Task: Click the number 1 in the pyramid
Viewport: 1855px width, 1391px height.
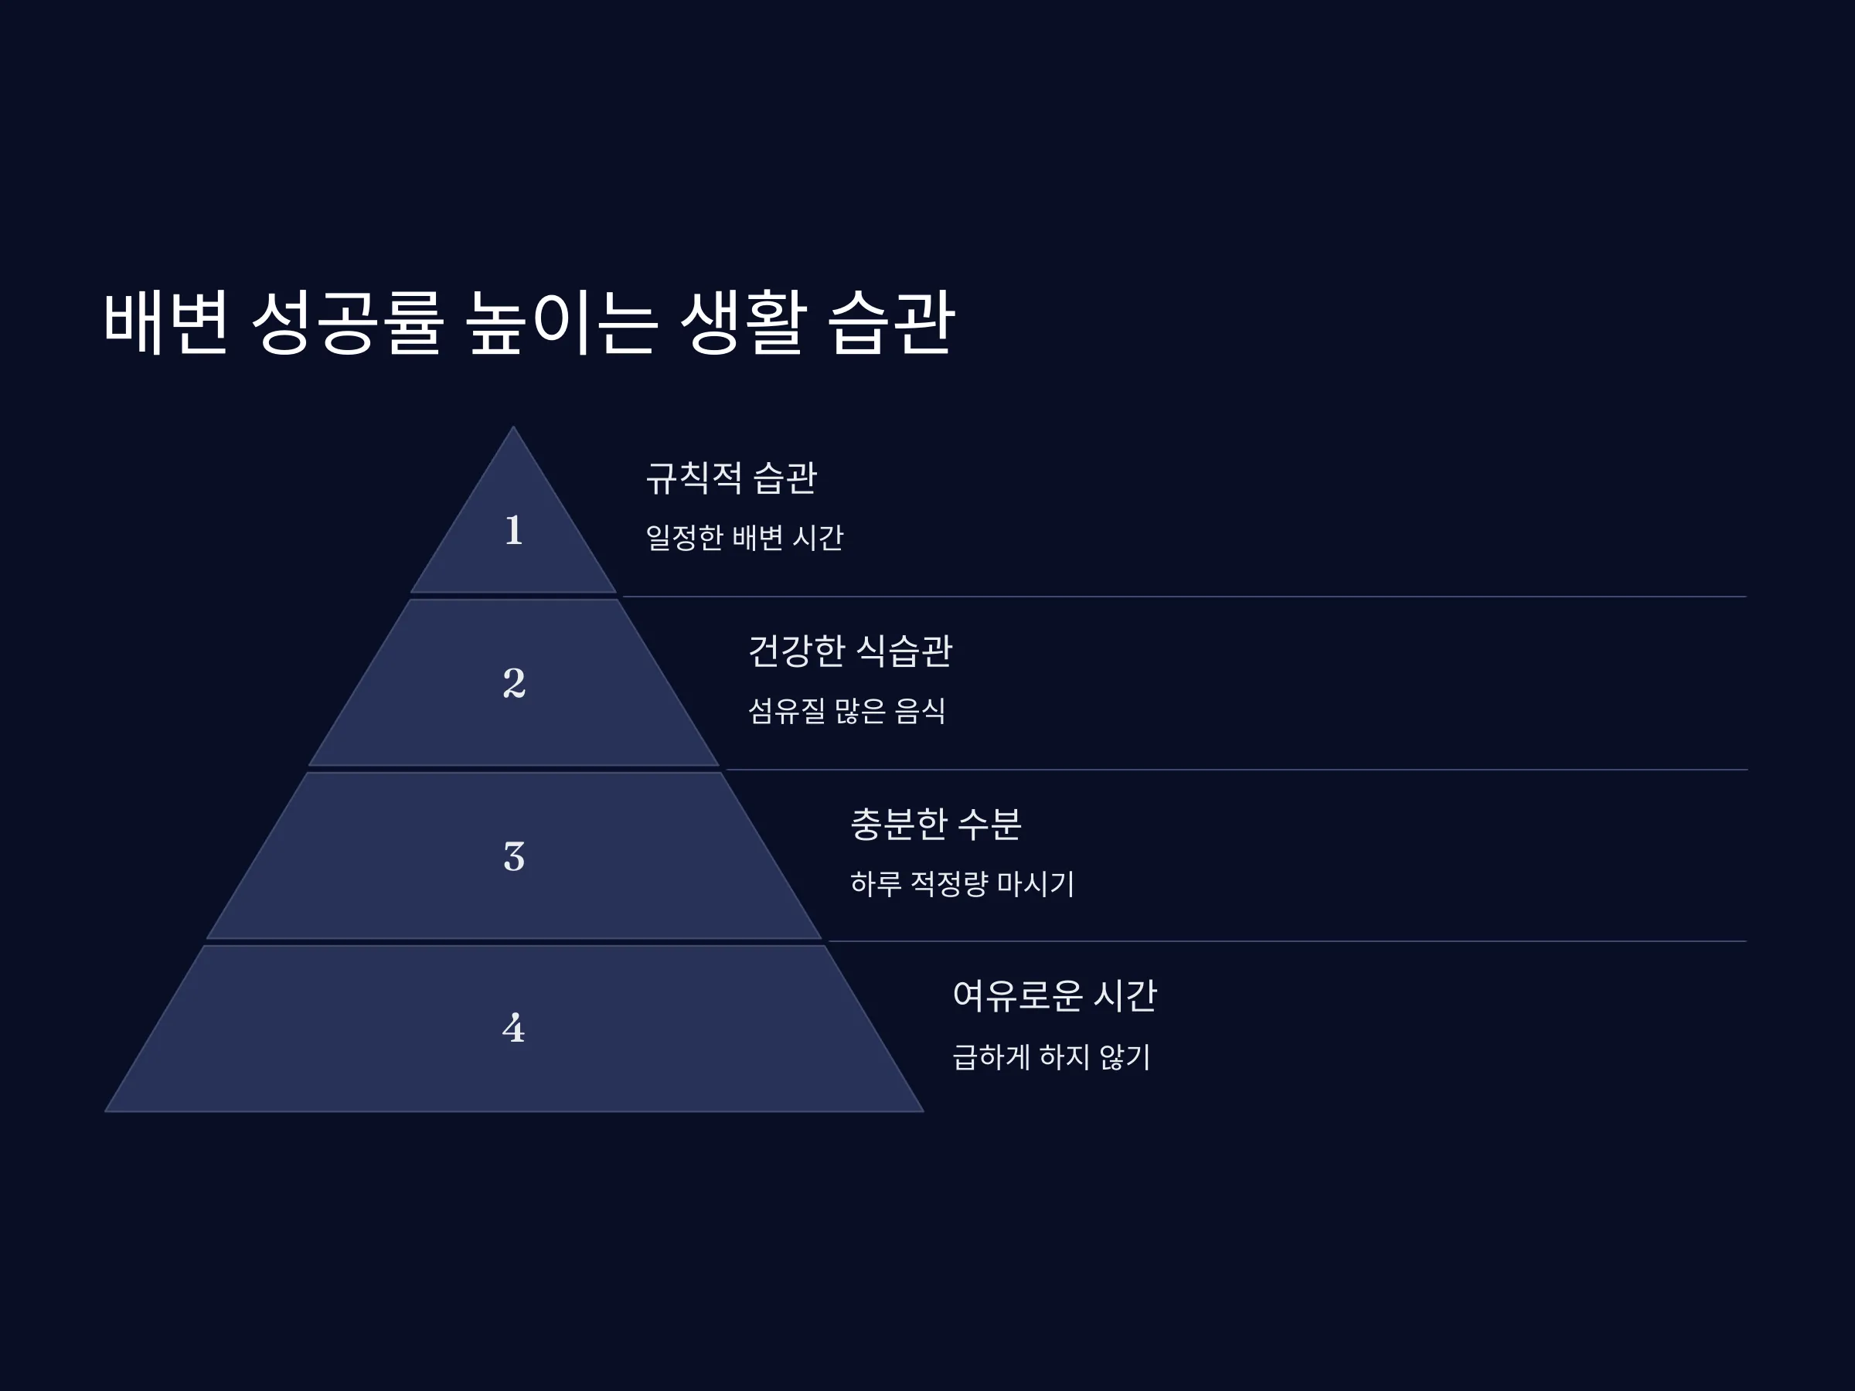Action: pyautogui.click(x=514, y=530)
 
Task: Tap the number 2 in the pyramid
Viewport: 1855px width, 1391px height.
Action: pyautogui.click(x=514, y=682)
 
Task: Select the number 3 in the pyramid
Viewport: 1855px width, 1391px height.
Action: pyautogui.click(x=514, y=856)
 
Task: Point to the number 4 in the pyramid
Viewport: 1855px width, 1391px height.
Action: pyautogui.click(x=514, y=1028)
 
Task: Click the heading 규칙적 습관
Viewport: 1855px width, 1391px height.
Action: pyautogui.click(x=731, y=478)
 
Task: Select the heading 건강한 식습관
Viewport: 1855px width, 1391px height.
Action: pyautogui.click(x=850, y=651)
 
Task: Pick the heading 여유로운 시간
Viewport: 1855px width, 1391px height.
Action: pyautogui.click(x=1055, y=996)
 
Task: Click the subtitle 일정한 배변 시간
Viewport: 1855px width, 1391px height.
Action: pyautogui.click(x=744, y=537)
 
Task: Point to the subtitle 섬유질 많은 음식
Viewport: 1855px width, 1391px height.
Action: pyautogui.click(x=847, y=711)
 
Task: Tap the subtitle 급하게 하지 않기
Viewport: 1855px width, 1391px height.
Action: pyautogui.click(x=1052, y=1056)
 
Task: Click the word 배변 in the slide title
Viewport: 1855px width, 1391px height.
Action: pyautogui.click(x=165, y=323)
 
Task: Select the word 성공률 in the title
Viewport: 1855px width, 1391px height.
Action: pyautogui.click(x=347, y=323)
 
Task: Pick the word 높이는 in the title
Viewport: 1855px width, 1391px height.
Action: pyautogui.click(x=561, y=323)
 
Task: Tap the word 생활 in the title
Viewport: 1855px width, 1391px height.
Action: pyautogui.click(x=743, y=323)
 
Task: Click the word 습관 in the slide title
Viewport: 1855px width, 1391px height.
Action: pyautogui.click(x=891, y=323)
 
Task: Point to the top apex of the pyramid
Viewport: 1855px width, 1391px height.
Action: pyautogui.click(x=513, y=427)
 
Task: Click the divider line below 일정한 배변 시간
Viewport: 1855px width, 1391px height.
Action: pyautogui.click(x=1184, y=597)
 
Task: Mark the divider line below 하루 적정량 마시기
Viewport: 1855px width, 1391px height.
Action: pyautogui.click(x=1287, y=941)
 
